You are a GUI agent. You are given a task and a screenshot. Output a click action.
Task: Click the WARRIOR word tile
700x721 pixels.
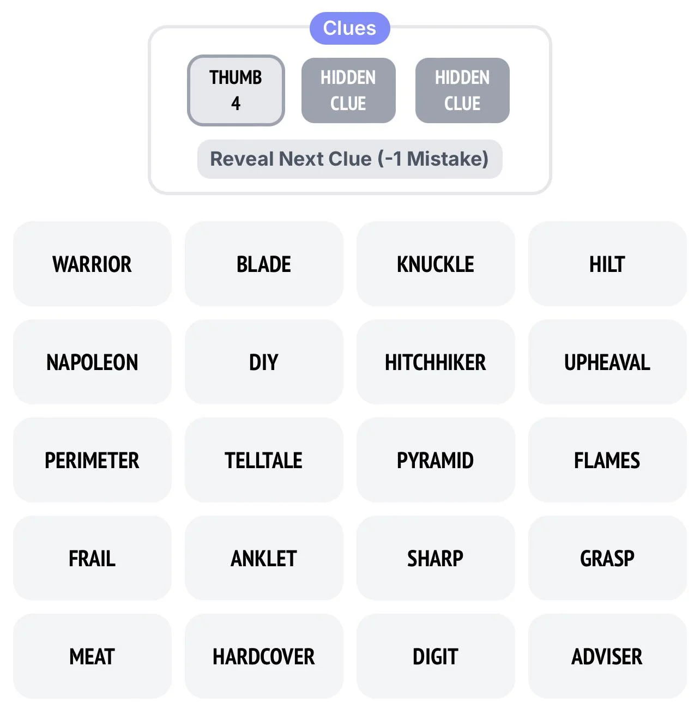(x=92, y=264)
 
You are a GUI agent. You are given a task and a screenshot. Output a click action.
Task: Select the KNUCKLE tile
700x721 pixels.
(x=435, y=264)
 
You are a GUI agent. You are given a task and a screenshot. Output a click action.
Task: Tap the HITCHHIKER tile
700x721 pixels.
(x=435, y=362)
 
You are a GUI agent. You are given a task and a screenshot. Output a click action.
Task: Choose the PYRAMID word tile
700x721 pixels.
(x=435, y=460)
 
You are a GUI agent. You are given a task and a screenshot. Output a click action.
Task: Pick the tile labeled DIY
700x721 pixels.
(x=264, y=362)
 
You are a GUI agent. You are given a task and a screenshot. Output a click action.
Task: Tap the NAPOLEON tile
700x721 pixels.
(x=92, y=362)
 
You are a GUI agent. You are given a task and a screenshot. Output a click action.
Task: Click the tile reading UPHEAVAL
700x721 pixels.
(x=607, y=362)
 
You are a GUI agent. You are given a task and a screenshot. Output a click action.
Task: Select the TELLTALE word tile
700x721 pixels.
(x=264, y=460)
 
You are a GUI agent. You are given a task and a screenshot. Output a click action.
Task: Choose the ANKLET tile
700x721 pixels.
(x=264, y=558)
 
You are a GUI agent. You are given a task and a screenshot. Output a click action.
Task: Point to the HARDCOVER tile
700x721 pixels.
(x=264, y=656)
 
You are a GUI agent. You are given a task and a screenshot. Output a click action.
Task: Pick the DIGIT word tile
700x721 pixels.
(x=435, y=656)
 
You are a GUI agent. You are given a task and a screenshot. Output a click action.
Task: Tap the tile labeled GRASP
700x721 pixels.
(x=607, y=558)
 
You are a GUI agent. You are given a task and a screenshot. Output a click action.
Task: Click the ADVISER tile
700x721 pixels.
(x=607, y=656)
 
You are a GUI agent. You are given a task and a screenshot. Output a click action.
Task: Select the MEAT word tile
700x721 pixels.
(x=92, y=656)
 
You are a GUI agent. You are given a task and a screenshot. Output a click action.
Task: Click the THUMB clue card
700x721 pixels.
(x=236, y=90)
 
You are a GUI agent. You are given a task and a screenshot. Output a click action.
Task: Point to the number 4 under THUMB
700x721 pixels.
(x=236, y=104)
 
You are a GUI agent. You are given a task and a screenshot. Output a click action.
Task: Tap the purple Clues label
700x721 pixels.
(x=349, y=28)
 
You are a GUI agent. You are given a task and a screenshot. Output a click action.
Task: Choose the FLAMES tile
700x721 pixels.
(x=607, y=460)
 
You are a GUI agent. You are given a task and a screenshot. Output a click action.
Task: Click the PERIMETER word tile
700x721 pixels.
(x=92, y=460)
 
